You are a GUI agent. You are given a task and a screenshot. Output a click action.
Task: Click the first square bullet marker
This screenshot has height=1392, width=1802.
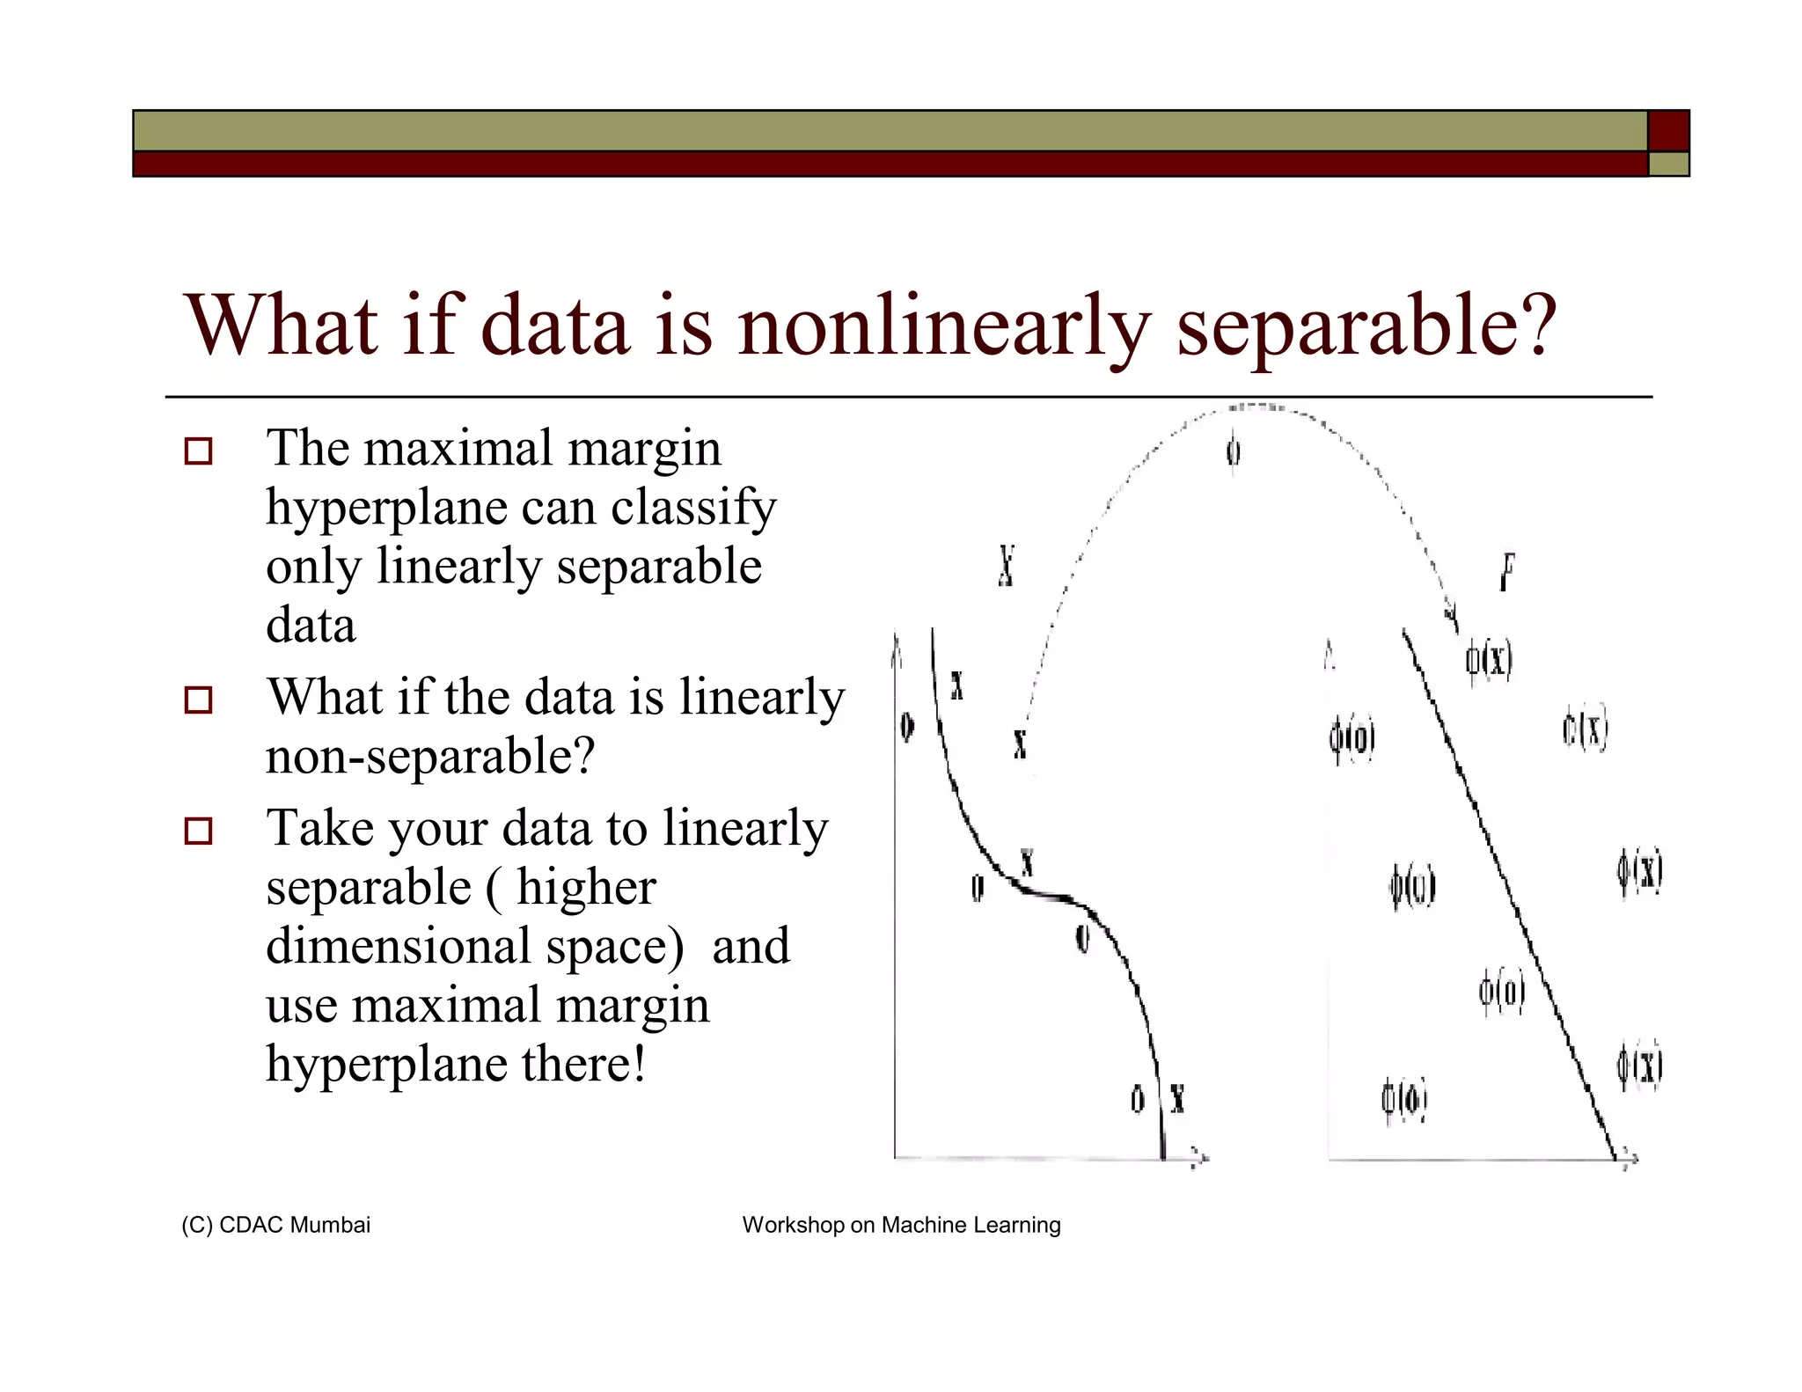click(198, 451)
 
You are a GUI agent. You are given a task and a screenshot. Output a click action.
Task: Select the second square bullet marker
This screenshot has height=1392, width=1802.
click(198, 700)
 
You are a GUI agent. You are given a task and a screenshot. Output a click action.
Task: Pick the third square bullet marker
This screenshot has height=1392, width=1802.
click(198, 832)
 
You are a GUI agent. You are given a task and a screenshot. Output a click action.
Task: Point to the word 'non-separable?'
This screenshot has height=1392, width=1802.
click(430, 757)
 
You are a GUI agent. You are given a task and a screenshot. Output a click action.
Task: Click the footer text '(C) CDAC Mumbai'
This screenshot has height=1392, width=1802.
click(275, 1225)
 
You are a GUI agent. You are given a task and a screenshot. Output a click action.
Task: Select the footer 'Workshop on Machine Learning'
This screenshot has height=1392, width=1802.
click(901, 1225)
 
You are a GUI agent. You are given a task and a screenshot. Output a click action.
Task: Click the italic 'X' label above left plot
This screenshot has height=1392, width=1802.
click(1007, 566)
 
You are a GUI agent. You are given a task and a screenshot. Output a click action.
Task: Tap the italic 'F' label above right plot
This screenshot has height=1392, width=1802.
click(1507, 572)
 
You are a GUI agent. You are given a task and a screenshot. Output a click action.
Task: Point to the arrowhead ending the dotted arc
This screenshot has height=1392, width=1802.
click(1451, 616)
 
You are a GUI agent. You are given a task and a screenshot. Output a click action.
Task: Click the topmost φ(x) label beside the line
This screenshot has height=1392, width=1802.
click(1489, 660)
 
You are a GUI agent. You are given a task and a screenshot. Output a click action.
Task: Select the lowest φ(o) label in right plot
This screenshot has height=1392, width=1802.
click(1403, 1100)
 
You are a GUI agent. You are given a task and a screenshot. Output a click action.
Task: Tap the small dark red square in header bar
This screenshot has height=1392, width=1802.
click(1667, 131)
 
